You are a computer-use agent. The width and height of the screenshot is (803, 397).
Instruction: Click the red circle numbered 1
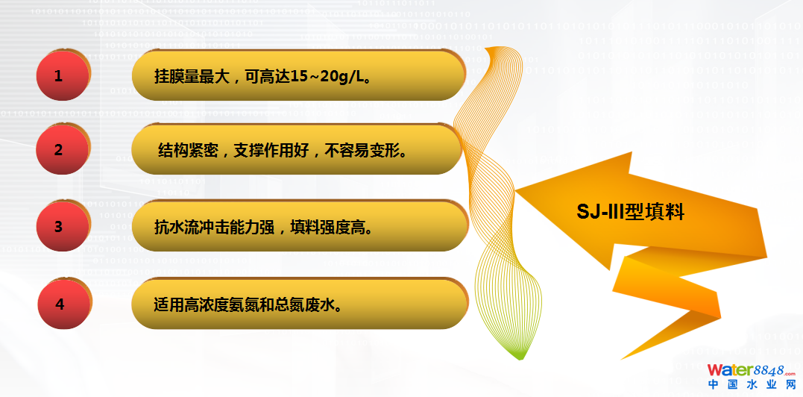tap(63, 75)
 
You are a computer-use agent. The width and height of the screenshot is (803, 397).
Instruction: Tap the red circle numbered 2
tap(63, 149)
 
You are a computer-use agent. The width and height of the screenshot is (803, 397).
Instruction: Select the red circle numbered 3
tap(63, 226)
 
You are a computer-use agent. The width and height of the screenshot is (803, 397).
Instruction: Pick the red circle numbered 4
tap(63, 304)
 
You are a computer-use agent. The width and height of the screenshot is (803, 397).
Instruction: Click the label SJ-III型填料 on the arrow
tap(631, 212)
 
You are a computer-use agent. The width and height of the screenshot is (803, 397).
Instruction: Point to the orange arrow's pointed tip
tap(516, 190)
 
